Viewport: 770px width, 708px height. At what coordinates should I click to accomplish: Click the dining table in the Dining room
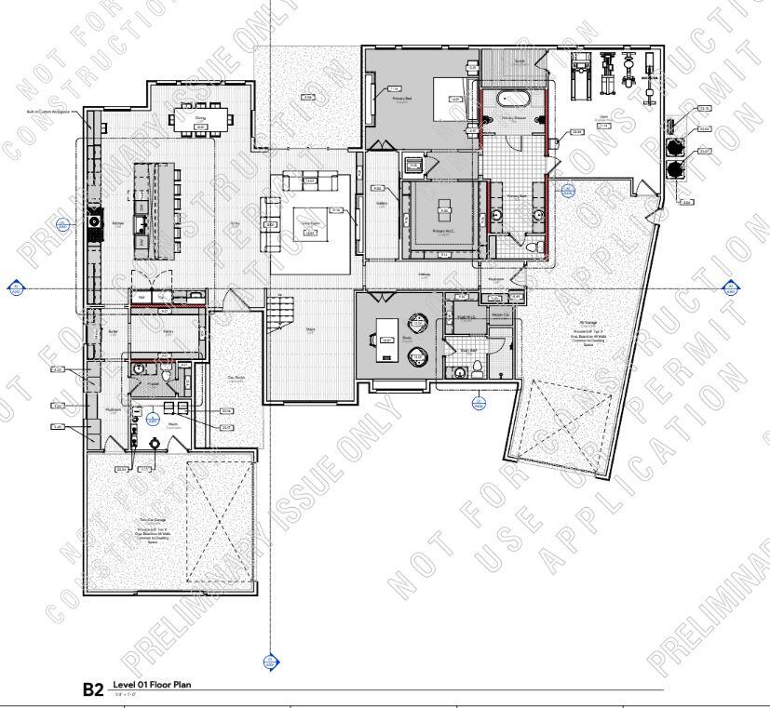(x=201, y=118)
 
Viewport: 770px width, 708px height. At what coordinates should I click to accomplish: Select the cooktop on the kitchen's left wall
(x=94, y=222)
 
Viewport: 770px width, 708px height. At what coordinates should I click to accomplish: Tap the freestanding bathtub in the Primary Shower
(x=514, y=99)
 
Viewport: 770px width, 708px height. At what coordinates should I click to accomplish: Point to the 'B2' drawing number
(x=94, y=689)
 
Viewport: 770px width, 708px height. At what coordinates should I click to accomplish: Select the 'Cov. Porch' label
(x=236, y=376)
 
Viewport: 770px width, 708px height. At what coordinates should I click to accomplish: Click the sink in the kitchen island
(x=139, y=223)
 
